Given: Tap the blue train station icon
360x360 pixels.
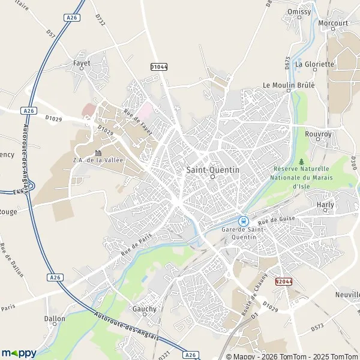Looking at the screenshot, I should click(x=244, y=221).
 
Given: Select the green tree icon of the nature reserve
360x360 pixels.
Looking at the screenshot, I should click(x=301, y=162).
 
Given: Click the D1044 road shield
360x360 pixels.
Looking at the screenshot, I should click(x=159, y=67).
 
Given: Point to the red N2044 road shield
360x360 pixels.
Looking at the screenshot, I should click(x=284, y=281).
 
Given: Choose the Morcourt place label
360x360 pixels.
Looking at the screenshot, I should click(x=334, y=23).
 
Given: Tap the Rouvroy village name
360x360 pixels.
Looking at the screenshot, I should click(x=318, y=134).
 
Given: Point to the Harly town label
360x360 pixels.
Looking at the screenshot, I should click(x=325, y=205).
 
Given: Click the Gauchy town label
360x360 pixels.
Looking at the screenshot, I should click(x=145, y=309).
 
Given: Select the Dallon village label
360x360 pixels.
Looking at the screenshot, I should click(x=55, y=319).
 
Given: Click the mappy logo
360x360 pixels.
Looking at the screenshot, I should click(x=19, y=352).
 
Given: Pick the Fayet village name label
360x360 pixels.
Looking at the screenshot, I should click(x=82, y=62).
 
